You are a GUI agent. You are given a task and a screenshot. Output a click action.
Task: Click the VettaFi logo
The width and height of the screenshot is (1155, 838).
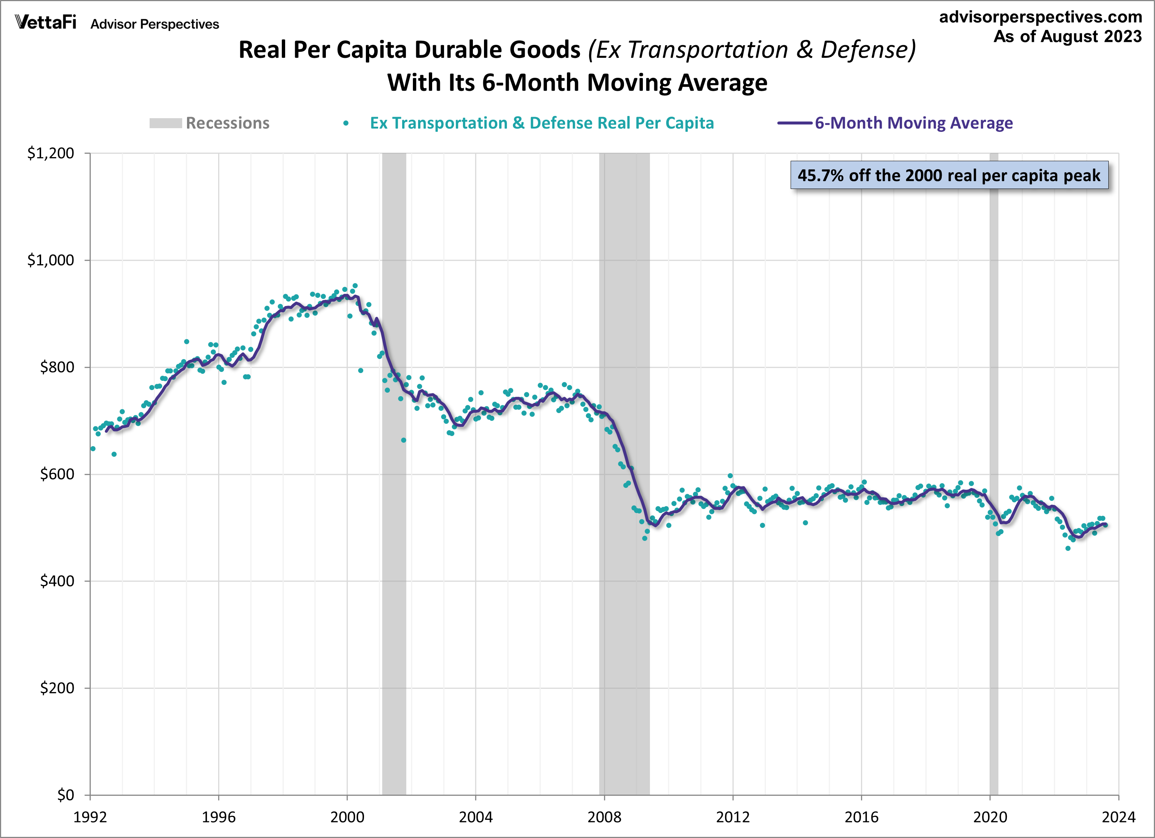tap(46, 23)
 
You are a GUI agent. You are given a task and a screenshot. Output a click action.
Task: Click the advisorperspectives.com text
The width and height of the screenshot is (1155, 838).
tap(1041, 17)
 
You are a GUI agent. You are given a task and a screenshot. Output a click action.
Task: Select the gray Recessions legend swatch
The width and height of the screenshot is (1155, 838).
tap(166, 123)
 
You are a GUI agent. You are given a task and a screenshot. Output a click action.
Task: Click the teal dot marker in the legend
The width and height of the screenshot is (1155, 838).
tap(346, 123)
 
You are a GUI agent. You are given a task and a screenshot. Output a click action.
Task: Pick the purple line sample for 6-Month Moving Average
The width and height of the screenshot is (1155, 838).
tap(794, 123)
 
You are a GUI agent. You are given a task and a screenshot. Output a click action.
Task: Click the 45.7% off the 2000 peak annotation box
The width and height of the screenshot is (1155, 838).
tap(949, 175)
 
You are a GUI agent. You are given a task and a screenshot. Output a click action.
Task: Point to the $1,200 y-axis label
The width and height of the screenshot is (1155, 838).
tap(50, 153)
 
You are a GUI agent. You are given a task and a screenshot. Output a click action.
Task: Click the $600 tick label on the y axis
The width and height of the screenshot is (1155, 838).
tap(57, 474)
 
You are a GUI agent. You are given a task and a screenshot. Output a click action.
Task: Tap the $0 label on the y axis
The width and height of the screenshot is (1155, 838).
tap(65, 795)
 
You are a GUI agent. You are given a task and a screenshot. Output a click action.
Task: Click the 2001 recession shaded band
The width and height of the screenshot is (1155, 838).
tap(394, 561)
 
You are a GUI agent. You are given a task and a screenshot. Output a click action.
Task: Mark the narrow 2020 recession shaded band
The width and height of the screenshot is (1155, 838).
tap(994, 611)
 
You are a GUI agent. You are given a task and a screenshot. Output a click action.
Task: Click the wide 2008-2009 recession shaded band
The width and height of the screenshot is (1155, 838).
tap(624, 611)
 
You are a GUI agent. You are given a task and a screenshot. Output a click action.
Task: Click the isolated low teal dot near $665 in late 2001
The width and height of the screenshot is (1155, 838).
tap(403, 440)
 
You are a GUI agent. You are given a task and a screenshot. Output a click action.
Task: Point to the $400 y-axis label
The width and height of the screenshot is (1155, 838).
tap(57, 581)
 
